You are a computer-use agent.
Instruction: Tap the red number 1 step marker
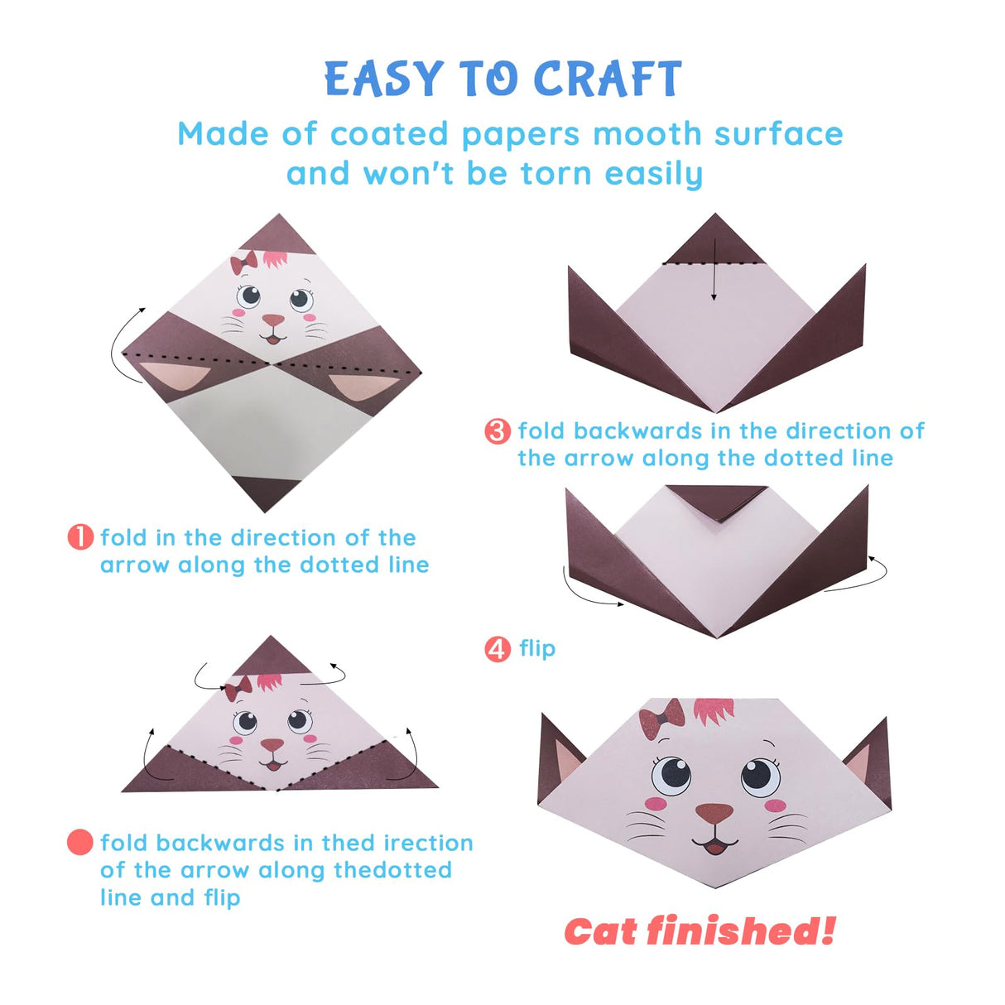(x=80, y=537)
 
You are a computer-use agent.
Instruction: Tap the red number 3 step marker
(x=497, y=431)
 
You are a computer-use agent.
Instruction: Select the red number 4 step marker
(x=497, y=649)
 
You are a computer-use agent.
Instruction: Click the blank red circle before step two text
(x=80, y=843)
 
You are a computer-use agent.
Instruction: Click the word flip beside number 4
(x=537, y=648)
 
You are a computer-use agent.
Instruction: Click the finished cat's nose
(x=714, y=813)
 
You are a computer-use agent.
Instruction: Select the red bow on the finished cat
(x=661, y=719)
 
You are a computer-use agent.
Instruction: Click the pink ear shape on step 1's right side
(x=364, y=388)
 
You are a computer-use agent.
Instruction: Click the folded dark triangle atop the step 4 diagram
(x=717, y=499)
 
